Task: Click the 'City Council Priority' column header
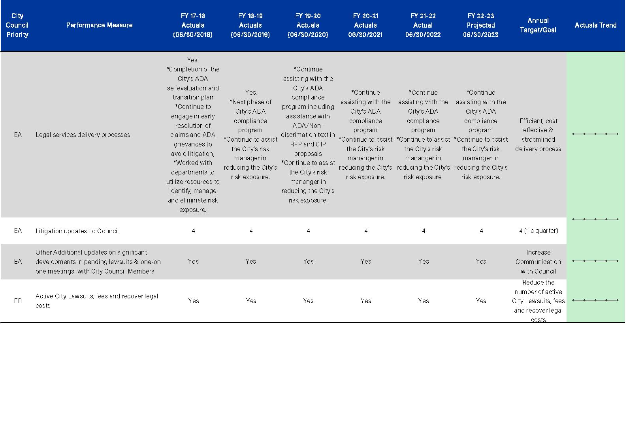pyautogui.click(x=17, y=25)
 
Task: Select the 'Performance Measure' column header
pyautogui.click(x=100, y=25)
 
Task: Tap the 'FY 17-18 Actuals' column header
pyautogui.click(x=193, y=25)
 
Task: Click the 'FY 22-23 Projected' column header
pyautogui.click(x=481, y=25)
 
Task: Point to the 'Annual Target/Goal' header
pyautogui.click(x=538, y=25)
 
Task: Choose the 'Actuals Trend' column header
pyautogui.click(x=595, y=25)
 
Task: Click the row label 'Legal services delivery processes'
pyautogui.click(x=83, y=135)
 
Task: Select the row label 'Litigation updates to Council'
pyautogui.click(x=77, y=231)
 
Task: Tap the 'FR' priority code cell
pyautogui.click(x=18, y=301)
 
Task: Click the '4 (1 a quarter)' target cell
pyautogui.click(x=539, y=231)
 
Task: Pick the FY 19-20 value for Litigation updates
pyautogui.click(x=308, y=231)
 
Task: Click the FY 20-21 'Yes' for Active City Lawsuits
pyautogui.click(x=366, y=301)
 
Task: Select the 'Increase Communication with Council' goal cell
pyautogui.click(x=538, y=262)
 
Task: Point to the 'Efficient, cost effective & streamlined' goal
pyautogui.click(x=538, y=135)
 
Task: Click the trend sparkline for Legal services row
pyautogui.click(x=595, y=134)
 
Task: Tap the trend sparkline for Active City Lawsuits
pyautogui.click(x=595, y=300)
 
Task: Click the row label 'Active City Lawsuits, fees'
pyautogui.click(x=97, y=301)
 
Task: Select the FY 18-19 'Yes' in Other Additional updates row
pyautogui.click(x=251, y=261)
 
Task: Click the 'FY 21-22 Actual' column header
pyautogui.click(x=423, y=25)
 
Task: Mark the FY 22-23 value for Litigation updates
pyautogui.click(x=481, y=231)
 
